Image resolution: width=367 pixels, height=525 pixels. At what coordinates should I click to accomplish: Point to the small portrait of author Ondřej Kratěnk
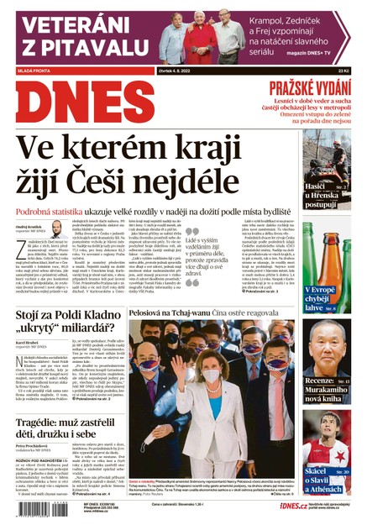[56, 229]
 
